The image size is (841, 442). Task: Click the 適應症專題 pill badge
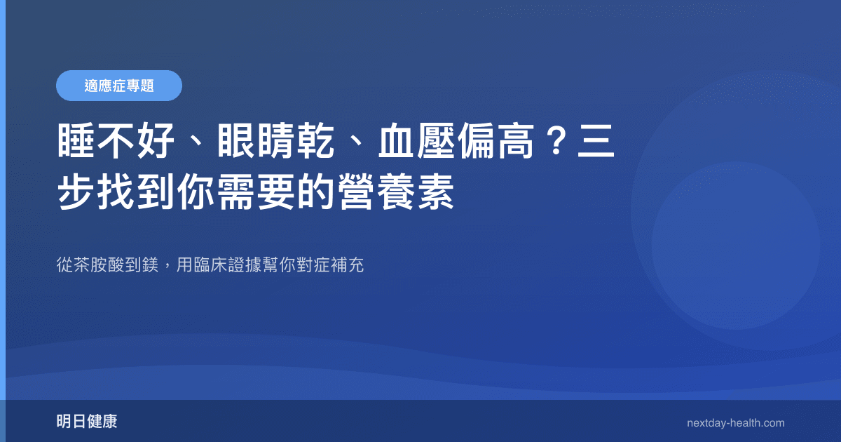tap(119, 86)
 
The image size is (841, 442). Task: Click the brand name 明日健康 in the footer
tap(87, 422)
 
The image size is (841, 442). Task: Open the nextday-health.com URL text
tap(736, 423)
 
